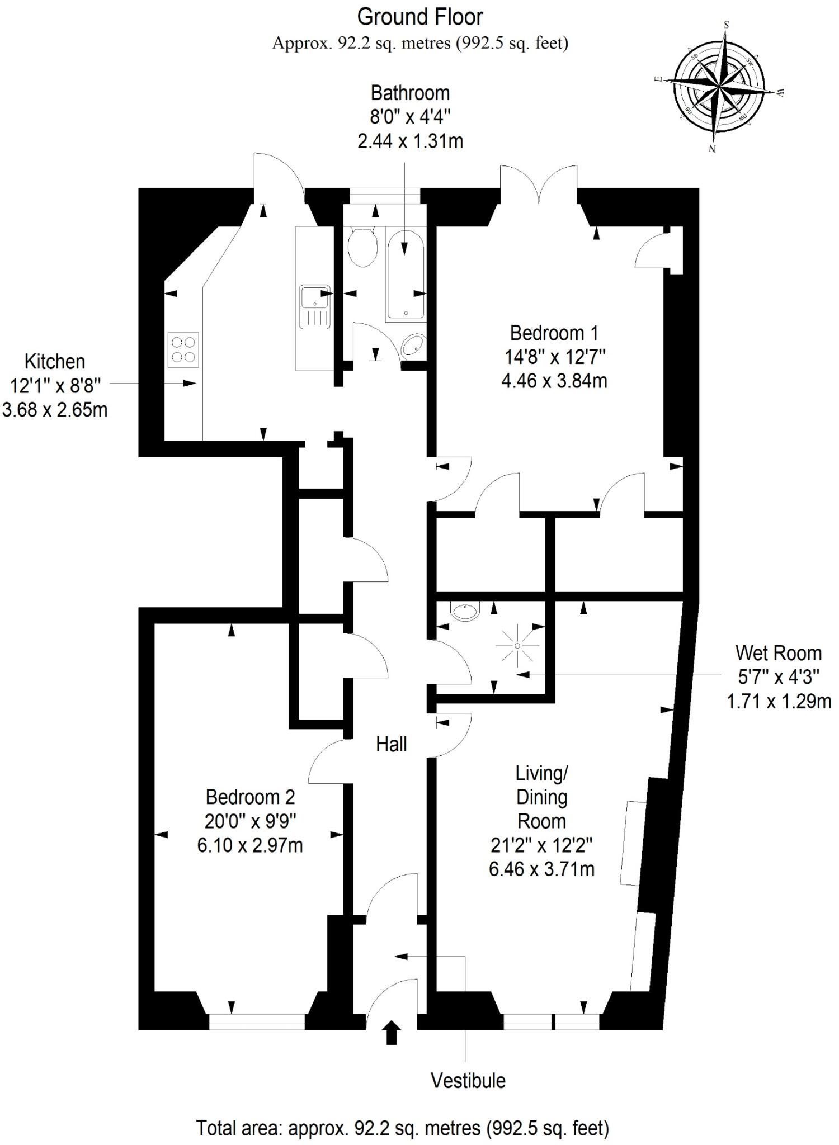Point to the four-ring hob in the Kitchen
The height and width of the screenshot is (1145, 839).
point(183,349)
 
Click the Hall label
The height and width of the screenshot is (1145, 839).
point(391,744)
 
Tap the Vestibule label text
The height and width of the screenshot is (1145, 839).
point(468,1081)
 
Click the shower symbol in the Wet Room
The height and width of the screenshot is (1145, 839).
point(517,646)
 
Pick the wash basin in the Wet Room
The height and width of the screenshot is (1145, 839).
point(465,612)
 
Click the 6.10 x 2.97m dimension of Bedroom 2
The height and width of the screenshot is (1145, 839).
point(250,845)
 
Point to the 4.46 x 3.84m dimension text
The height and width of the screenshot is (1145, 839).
point(554,381)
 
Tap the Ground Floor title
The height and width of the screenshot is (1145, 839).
point(419,17)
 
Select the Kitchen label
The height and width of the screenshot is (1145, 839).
point(55,362)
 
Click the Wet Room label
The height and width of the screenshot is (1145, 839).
point(778,652)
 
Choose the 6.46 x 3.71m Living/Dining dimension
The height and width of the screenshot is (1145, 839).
point(541,869)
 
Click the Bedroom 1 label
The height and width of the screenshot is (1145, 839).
point(554,333)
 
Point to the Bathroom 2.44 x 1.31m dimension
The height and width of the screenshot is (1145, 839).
point(410,141)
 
